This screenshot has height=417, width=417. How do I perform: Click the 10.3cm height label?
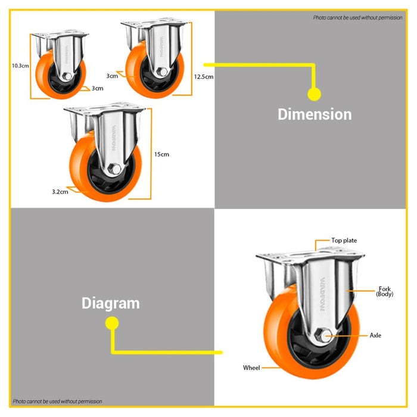[20, 66]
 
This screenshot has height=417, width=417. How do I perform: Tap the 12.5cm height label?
[204, 77]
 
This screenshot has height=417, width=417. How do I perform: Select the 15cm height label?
[161, 154]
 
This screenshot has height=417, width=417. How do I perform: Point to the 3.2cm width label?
[60, 192]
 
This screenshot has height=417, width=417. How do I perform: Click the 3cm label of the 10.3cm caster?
[97, 88]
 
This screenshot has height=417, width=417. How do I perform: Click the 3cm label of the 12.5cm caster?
[112, 76]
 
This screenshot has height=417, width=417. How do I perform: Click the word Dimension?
[315, 114]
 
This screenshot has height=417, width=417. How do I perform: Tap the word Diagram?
[111, 303]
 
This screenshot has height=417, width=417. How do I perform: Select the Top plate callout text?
[344, 241]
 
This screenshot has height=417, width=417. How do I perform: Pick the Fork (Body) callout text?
[385, 291]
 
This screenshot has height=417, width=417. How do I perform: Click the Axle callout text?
[375, 335]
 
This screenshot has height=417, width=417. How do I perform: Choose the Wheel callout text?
[251, 368]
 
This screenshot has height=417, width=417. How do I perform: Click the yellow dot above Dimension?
[315, 94]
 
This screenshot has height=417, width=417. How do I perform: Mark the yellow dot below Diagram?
[112, 323]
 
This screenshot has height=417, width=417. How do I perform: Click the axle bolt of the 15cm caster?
[114, 169]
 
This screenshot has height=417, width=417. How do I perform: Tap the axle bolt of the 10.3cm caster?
[67, 77]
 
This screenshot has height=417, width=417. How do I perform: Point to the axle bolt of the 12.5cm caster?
[161, 71]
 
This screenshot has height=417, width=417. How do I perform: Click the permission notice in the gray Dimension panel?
[357, 18]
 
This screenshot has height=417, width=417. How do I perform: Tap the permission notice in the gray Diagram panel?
[57, 402]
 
